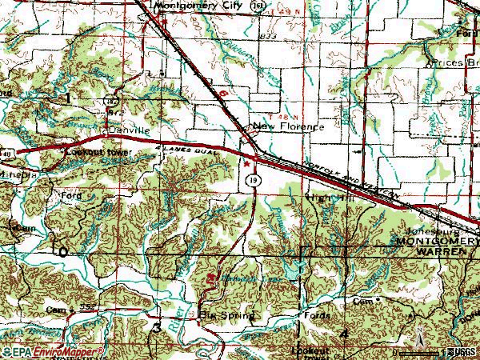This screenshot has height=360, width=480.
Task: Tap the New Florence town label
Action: click(x=288, y=126)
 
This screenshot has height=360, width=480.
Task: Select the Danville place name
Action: click(x=130, y=129)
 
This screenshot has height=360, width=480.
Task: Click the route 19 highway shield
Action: click(x=252, y=182)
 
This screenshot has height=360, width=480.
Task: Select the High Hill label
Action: click(x=327, y=196)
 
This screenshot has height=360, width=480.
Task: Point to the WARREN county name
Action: click(x=441, y=251)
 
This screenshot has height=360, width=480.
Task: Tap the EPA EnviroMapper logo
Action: click(x=52, y=352)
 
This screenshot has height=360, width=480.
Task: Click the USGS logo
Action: click(x=461, y=352)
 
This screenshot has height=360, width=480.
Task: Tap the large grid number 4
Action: click(x=344, y=331)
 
